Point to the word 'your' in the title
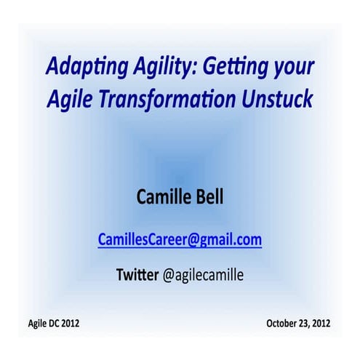293,69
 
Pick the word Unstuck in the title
279,100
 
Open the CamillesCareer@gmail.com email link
180,239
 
